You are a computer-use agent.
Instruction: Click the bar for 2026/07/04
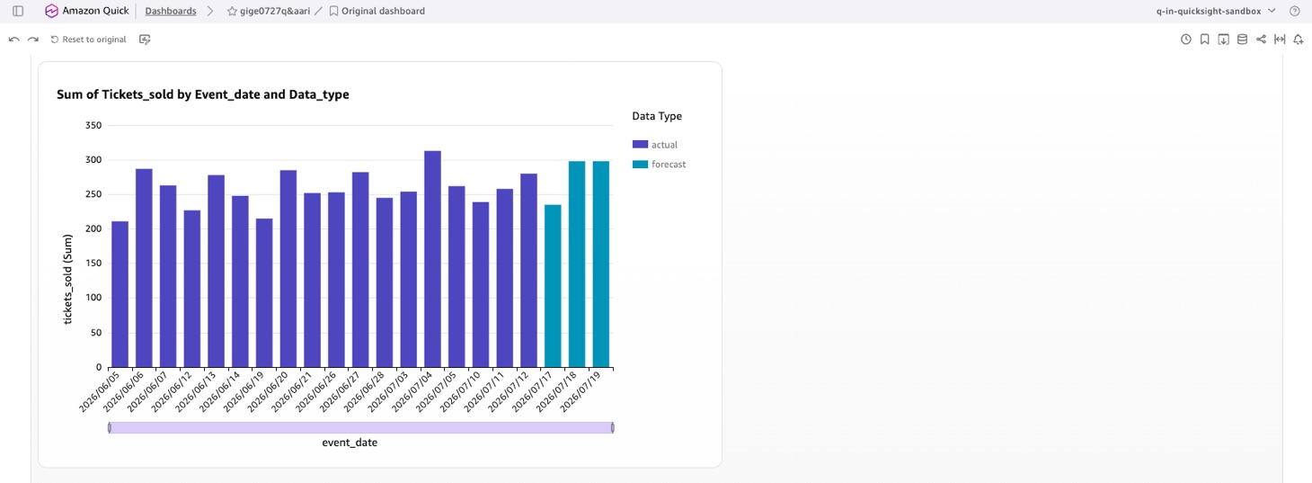432,259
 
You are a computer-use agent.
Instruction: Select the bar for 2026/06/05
120,294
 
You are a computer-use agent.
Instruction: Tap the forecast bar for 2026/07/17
553,286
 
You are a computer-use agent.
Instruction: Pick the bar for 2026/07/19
600,264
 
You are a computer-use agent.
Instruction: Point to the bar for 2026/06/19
264,293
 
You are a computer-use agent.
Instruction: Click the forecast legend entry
659,164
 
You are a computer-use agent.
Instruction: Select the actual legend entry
655,144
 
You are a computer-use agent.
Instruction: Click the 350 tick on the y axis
93,125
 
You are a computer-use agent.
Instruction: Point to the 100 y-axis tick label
93,298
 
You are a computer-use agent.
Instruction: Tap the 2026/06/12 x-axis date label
171,391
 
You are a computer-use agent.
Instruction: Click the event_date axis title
350,443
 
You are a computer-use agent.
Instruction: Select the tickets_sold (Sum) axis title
68,279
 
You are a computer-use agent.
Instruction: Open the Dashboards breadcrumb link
171,11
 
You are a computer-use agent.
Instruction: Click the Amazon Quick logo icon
51,11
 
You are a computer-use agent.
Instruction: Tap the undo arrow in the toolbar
14,40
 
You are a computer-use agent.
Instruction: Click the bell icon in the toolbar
1299,40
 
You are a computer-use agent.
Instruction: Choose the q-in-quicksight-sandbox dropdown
1216,11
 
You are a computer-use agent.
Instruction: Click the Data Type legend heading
657,116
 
